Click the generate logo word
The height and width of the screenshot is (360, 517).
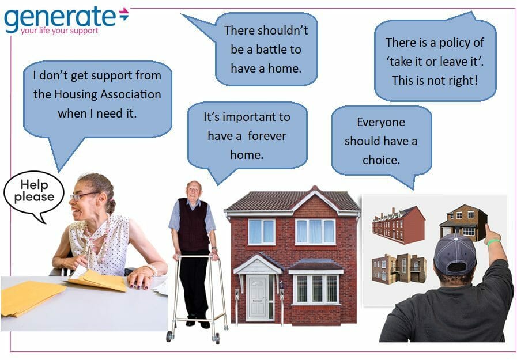pos(60,18)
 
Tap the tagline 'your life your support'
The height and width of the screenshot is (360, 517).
pos(60,31)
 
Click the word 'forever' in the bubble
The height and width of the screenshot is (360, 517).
pos(267,136)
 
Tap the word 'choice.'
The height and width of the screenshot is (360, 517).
pos(382,160)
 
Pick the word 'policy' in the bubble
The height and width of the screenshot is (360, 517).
pos(455,43)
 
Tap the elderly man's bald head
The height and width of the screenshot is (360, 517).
pos(194,188)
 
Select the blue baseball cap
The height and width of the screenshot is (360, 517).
pos(455,253)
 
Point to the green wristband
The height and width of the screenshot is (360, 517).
pos(493,242)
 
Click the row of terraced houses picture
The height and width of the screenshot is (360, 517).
pos(398,225)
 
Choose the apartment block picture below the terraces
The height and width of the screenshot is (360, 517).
pos(399,268)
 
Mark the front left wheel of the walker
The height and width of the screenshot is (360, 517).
pos(169,336)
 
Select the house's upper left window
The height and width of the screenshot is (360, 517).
pos(262,232)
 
